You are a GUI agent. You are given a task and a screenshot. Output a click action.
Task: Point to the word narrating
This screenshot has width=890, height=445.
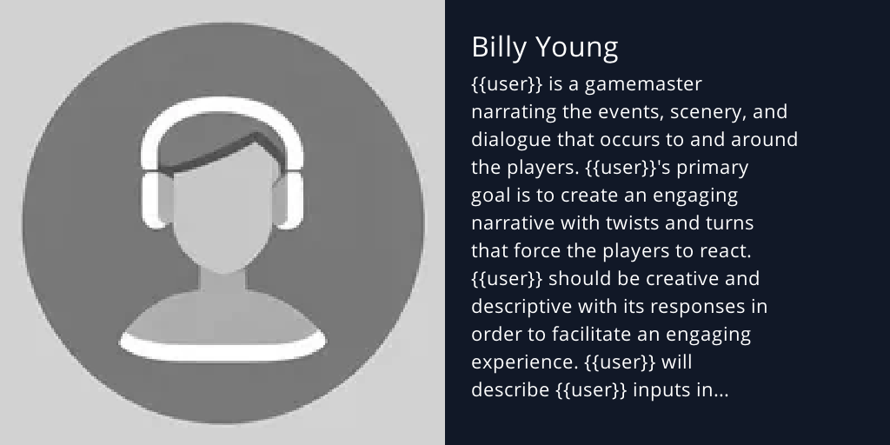[513, 112]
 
